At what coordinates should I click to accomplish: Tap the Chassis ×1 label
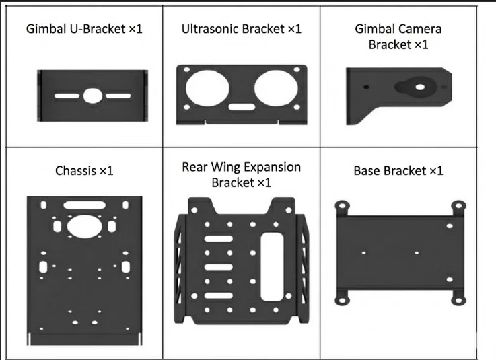[x=84, y=170]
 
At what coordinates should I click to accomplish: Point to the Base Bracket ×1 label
[x=398, y=170]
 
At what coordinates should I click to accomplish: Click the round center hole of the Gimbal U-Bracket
[x=91, y=96]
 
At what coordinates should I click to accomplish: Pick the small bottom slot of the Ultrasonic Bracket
[x=240, y=106]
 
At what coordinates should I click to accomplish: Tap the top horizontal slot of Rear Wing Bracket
[x=218, y=239]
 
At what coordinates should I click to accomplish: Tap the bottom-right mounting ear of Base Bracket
[x=458, y=297]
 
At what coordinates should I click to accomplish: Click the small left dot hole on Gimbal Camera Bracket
[x=365, y=87]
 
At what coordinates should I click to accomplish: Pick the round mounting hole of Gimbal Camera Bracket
[x=419, y=85]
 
